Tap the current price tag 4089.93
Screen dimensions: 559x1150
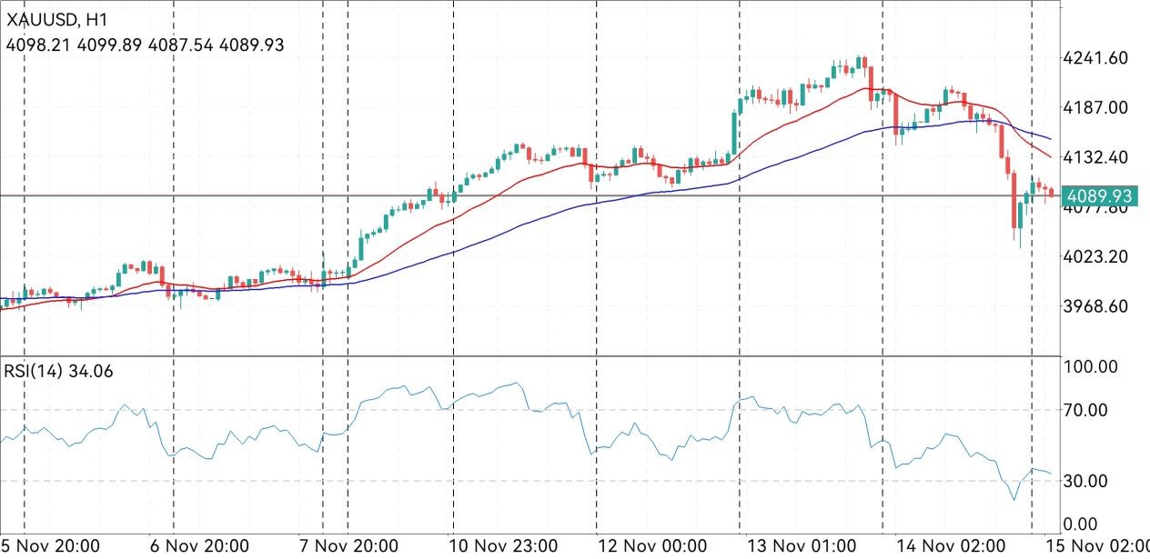(x=1102, y=195)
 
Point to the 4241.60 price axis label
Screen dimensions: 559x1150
(x=1095, y=58)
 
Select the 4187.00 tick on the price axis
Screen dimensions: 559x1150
(x=1095, y=107)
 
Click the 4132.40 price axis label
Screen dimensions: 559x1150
(x=1095, y=157)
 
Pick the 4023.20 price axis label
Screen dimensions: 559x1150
(x=1095, y=256)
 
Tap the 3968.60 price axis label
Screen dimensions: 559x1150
(x=1095, y=306)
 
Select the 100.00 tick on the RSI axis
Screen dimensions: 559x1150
(x=1091, y=367)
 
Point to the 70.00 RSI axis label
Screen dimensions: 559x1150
(x=1086, y=410)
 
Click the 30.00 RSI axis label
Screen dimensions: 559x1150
(x=1086, y=481)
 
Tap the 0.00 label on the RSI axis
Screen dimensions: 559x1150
(x=1082, y=524)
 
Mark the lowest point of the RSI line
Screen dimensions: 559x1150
(x=1014, y=499)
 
